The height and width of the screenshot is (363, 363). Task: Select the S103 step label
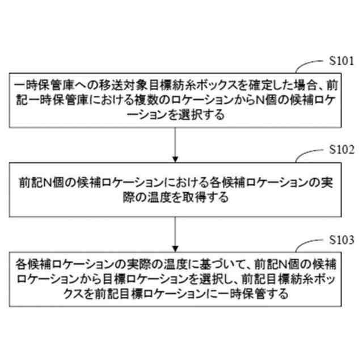[342, 240]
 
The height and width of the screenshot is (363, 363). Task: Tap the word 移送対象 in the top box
[107, 87]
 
